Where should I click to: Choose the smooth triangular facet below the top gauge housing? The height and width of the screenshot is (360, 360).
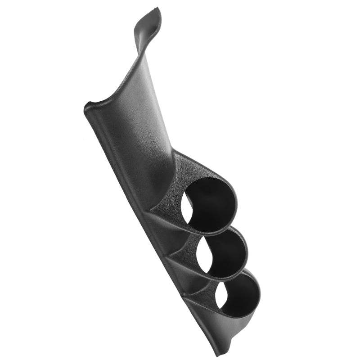(x=162, y=225)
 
